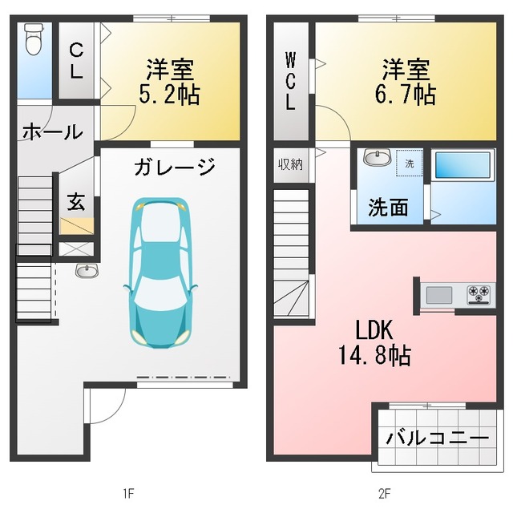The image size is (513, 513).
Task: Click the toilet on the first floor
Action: [33, 39]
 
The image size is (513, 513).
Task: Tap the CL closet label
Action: [75, 60]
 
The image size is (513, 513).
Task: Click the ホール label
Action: [51, 131]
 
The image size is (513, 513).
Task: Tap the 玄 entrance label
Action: [75, 202]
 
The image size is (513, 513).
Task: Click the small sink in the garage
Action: [86, 270]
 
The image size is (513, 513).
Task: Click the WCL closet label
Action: [290, 81]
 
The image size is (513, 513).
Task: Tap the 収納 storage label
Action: [290, 164]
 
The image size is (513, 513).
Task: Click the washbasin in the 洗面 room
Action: [375, 158]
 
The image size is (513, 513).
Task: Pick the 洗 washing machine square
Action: [409, 164]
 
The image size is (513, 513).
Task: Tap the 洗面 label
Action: [388, 208]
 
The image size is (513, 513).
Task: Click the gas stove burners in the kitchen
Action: [479, 294]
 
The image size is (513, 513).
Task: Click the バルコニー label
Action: [437, 438]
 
